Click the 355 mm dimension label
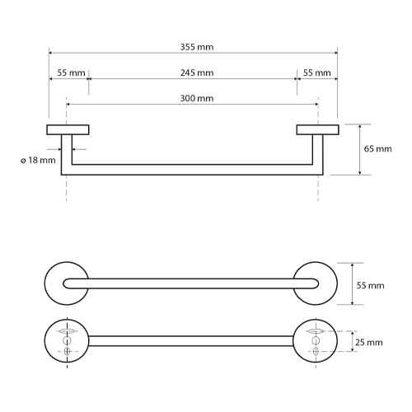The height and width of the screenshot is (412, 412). (197, 47)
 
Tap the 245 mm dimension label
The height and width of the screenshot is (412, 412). (197, 73)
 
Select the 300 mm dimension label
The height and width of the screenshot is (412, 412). (197, 98)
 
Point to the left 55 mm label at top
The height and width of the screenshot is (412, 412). (71, 73)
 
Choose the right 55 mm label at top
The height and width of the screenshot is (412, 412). (316, 73)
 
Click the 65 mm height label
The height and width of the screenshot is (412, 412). (377, 149)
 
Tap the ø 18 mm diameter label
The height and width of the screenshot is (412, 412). (38, 160)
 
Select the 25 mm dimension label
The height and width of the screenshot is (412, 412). (368, 343)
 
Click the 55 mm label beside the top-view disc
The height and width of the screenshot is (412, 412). (370, 286)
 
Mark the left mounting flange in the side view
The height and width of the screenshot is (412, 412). (68, 130)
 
